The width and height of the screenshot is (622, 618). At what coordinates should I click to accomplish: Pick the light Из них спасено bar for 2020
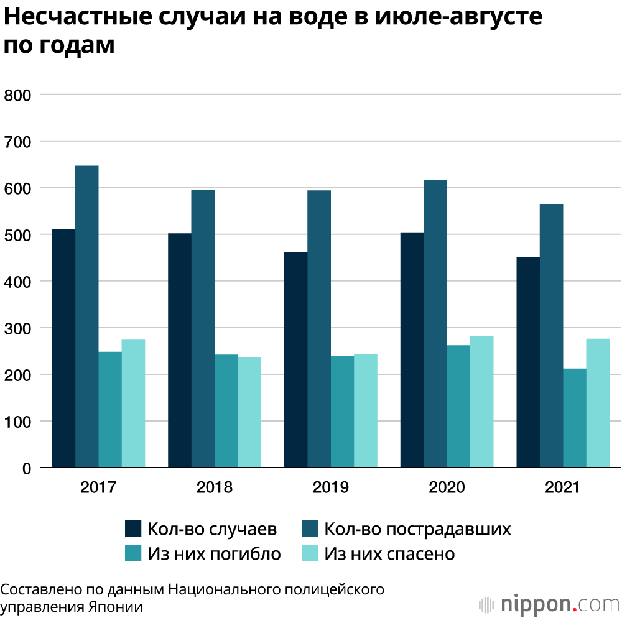coord(481,402)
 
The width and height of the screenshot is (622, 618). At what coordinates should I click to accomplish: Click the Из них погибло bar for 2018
coord(226,410)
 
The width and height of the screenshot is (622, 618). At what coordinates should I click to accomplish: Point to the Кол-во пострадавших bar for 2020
coord(435,323)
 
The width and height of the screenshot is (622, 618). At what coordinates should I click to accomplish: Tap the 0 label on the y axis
coord(27,468)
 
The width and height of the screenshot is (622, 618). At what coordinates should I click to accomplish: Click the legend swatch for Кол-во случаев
coord(133,528)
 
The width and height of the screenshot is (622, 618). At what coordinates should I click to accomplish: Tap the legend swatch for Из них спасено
coord(310,553)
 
